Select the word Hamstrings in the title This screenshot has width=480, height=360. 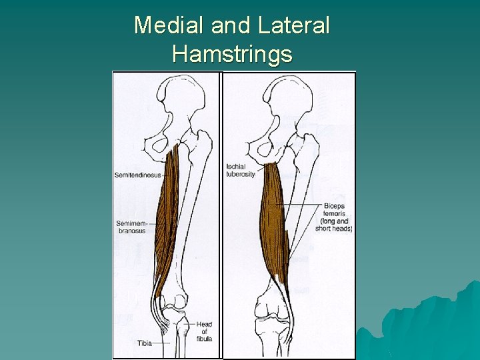[x=231, y=53]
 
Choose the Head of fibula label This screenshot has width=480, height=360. [x=203, y=331]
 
